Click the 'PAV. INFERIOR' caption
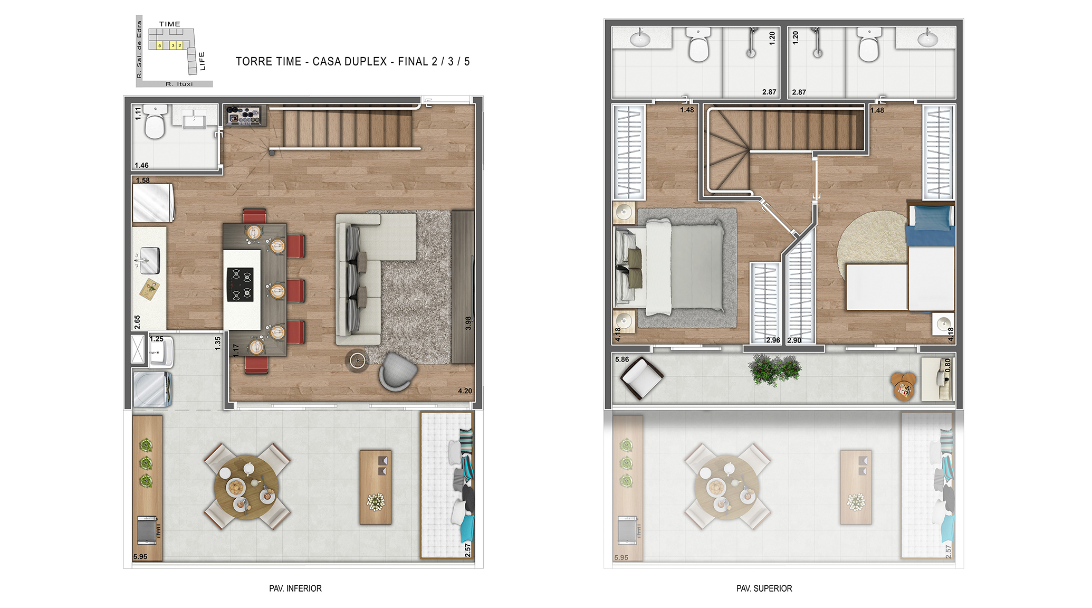295,588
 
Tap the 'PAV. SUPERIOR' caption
764,588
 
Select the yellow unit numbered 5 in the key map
159,45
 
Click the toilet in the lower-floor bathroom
155,122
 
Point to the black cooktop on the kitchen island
240,284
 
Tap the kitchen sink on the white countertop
149,261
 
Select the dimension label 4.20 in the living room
465,391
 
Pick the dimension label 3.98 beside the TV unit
468,324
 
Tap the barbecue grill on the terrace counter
147,530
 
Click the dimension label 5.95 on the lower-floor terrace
140,557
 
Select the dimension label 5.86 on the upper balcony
622,359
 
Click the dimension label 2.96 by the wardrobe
773,340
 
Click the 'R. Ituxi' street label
179,84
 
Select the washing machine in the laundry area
152,389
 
